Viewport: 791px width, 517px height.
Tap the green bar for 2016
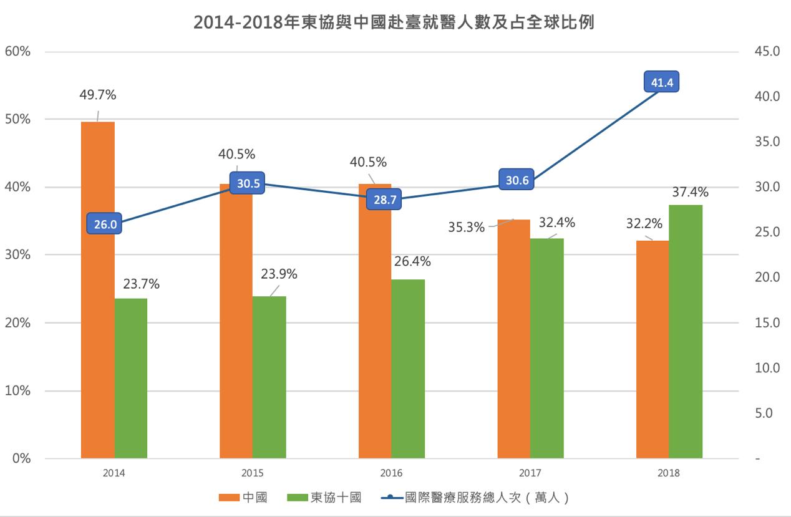tap(408, 369)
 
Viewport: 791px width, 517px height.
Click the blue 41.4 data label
tap(661, 82)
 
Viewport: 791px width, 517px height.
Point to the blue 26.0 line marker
tap(105, 225)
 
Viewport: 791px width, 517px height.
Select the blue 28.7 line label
tap(383, 200)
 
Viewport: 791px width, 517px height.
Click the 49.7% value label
tap(98, 95)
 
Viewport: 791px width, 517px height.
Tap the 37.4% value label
tap(690, 192)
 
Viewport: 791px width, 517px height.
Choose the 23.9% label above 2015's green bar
tap(279, 274)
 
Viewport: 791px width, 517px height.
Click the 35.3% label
tap(467, 227)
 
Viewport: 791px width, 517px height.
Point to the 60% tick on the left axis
tap(17, 51)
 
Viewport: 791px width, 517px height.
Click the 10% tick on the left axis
tap(17, 391)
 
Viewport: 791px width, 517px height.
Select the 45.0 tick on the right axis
tap(767, 51)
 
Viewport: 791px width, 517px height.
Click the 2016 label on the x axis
tap(392, 473)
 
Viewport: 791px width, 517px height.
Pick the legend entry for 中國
tap(243, 498)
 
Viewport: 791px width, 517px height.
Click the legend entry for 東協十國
tap(324, 498)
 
